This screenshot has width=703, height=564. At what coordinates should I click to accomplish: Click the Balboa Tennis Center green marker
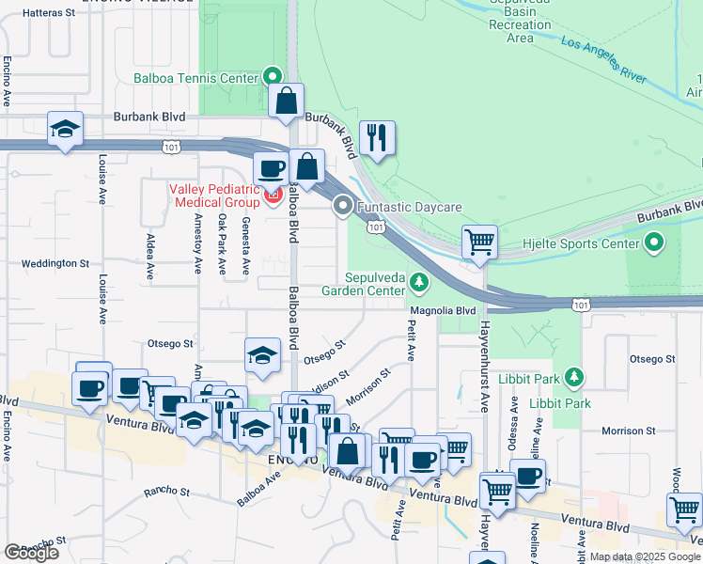tap(273, 77)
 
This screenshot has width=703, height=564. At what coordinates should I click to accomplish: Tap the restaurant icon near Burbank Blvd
tap(377, 137)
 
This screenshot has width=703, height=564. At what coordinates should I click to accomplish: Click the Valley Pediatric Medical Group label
tap(214, 196)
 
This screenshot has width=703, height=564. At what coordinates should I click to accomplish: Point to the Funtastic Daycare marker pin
tap(343, 205)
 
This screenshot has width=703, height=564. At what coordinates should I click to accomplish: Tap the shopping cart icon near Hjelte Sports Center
tap(479, 242)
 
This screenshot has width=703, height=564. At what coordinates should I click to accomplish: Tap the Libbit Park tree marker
tap(573, 378)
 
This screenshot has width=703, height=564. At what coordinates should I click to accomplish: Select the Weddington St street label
tap(57, 265)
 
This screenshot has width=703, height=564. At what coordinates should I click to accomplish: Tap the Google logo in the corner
tap(31, 553)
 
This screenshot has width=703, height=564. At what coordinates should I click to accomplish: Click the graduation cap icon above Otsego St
tap(262, 354)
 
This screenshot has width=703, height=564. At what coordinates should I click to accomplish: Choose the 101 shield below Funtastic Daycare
tap(375, 227)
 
